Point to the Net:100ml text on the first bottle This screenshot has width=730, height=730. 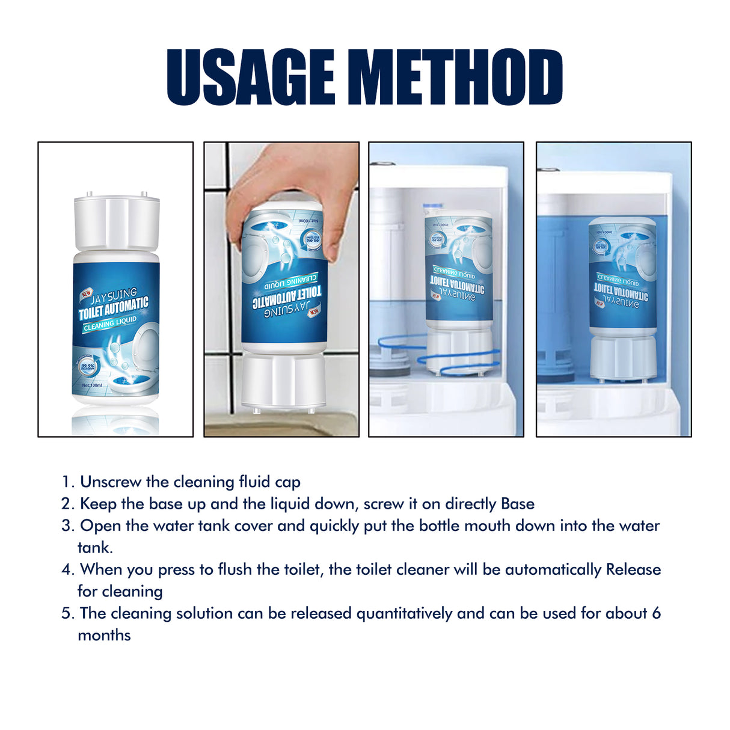pyautogui.click(x=92, y=385)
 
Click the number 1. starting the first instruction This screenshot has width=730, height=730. pyautogui.click(x=68, y=482)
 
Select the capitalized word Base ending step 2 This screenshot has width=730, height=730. pyautogui.click(x=518, y=504)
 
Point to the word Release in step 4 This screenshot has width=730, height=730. pyautogui.click(x=633, y=569)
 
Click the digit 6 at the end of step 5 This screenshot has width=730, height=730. pyautogui.click(x=656, y=613)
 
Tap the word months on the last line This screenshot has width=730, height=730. pyautogui.click(x=104, y=636)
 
